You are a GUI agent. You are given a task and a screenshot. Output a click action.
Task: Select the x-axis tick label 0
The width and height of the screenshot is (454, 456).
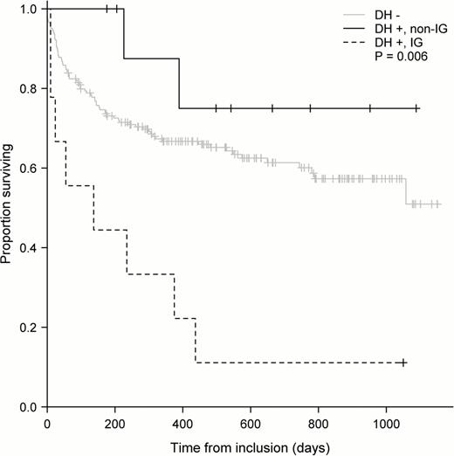tap(48, 422)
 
